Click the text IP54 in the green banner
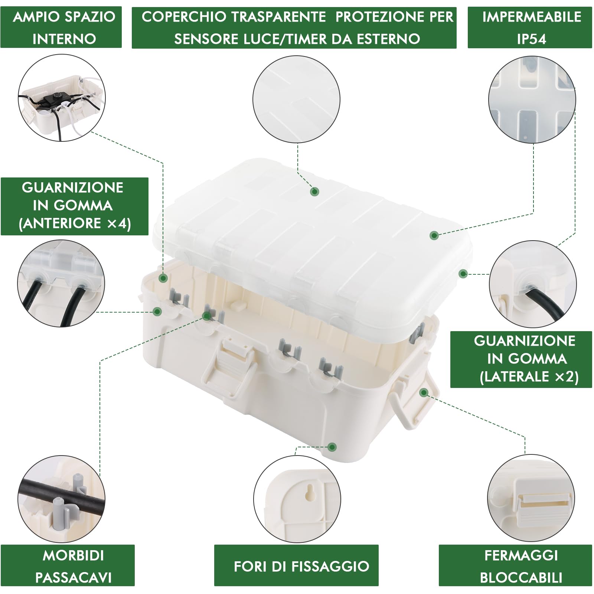coord(531,39)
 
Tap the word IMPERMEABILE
coord(532,17)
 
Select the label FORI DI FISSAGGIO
coord(301,566)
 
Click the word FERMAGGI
coord(521,555)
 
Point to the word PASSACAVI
coord(73,577)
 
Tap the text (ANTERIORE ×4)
coord(75,223)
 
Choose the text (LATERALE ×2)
coord(529,376)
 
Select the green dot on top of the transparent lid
coord(315,192)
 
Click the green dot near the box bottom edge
coord(332,447)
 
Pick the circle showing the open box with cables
coord(62,98)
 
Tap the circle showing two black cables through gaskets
coord(61,283)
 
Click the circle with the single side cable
coord(533,284)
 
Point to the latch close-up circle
coord(531,498)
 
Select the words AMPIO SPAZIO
coord(64,17)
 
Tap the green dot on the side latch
coord(424,392)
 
